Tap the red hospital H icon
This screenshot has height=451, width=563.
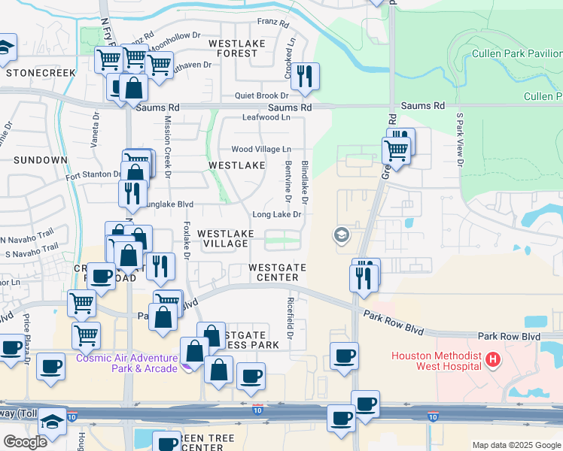click(x=493, y=360)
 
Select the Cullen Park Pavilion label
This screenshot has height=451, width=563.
click(x=517, y=53)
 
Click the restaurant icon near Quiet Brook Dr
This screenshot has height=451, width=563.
click(x=305, y=76)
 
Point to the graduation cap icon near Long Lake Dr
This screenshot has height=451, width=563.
click(x=342, y=236)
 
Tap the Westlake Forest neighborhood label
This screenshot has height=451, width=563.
click(x=242, y=48)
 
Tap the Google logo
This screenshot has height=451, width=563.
click(x=25, y=441)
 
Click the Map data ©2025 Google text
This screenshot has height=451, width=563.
click(x=516, y=445)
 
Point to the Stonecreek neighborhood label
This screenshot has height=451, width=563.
click(x=41, y=72)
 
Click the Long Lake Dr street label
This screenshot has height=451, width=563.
click(x=277, y=214)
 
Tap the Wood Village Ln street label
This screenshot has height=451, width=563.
click(x=261, y=150)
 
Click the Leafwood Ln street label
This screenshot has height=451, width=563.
click(x=266, y=117)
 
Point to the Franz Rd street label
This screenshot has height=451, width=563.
click(x=273, y=24)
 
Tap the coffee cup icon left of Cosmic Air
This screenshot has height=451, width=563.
click(x=51, y=368)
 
